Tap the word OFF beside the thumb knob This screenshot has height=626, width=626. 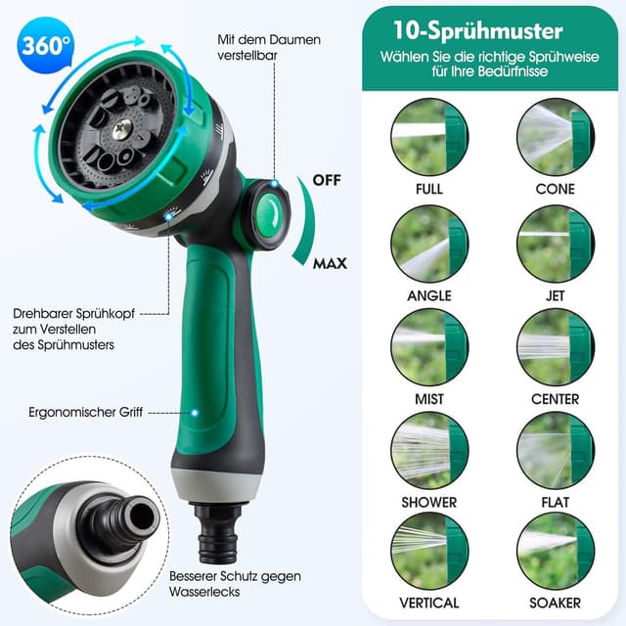click(x=327, y=180)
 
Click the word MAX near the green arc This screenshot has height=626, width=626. click(x=330, y=263)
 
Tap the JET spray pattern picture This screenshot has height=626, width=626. click(x=555, y=243)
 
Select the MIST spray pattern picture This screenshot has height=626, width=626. click(x=428, y=347)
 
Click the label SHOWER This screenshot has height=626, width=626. click(x=428, y=502)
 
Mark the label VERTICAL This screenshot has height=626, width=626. click(x=428, y=604)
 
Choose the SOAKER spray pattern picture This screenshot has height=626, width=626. click(x=555, y=552)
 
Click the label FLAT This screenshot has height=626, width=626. click(x=555, y=502)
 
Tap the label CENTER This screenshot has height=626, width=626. click(x=555, y=398)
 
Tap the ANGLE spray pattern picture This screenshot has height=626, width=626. click(x=428, y=243)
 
